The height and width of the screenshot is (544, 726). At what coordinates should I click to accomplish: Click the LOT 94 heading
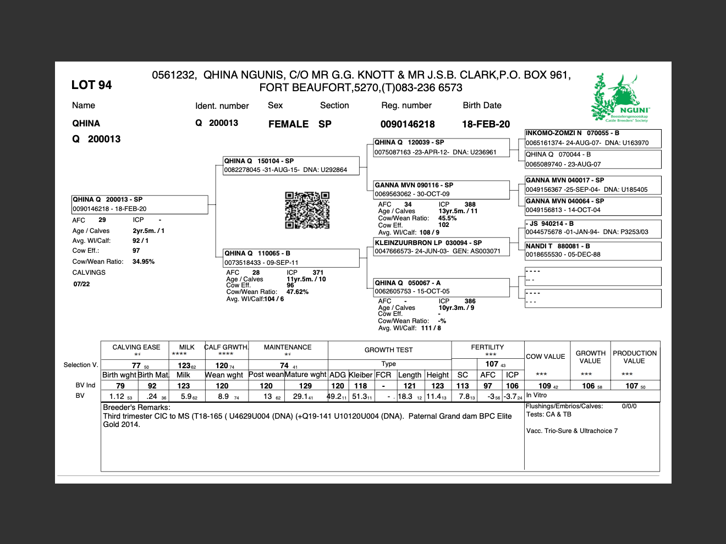pos(91,85)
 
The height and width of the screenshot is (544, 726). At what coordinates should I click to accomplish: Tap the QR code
pos(307,210)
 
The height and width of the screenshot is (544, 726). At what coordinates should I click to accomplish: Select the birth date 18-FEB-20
pos(486,124)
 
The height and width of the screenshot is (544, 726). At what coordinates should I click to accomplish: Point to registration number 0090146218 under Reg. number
pos(408,124)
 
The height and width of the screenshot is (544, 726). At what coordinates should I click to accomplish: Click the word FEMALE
pos(288,124)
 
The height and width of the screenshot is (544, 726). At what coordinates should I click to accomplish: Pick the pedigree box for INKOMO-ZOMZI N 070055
pos(592,138)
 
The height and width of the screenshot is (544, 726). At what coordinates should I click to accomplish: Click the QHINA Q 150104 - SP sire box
pos(291,165)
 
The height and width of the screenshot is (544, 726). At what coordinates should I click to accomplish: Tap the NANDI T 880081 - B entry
pos(592,251)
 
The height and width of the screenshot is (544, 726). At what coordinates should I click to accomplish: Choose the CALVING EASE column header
pos(136,347)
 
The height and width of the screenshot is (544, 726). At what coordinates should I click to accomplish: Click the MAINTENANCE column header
pos(288,347)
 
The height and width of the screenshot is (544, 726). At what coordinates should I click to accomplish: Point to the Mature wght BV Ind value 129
pos(305,386)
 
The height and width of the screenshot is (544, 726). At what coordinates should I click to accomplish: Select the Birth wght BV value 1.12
pos(117,396)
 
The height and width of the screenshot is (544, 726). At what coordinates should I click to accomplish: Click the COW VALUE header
pos(545,357)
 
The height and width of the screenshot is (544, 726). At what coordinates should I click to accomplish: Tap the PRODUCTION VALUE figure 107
pos(632,386)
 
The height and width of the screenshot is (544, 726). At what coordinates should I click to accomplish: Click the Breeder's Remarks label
pos(136,408)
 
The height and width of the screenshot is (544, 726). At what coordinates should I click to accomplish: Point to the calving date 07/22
pos(81,284)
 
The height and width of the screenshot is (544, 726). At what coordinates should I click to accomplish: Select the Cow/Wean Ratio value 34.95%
pos(143,262)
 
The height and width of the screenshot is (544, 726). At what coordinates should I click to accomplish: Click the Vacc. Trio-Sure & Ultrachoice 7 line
pos(572,431)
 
